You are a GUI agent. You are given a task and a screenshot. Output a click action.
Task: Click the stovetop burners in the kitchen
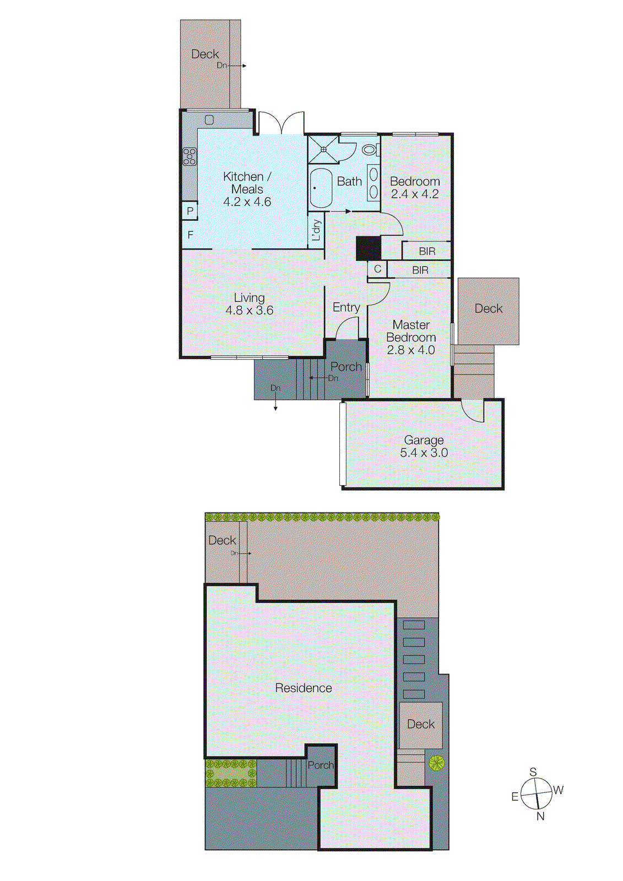189,156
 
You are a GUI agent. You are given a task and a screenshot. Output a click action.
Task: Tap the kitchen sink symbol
209,119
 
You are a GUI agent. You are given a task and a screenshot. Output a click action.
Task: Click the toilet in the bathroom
370,149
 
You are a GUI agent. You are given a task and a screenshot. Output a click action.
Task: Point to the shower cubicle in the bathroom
323,149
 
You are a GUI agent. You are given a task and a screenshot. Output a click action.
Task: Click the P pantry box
190,210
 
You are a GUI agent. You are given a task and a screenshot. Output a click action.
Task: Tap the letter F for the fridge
191,235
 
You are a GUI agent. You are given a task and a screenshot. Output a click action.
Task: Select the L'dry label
316,230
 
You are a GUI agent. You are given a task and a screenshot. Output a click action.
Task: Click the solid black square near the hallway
368,248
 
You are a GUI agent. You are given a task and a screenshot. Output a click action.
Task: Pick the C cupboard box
377,269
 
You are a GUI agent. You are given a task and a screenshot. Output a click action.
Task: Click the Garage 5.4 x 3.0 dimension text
424,453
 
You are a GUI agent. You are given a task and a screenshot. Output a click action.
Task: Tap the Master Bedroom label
411,331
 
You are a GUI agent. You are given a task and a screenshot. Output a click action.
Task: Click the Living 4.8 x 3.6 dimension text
249,311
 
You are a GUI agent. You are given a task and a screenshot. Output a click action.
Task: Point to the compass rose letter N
540,817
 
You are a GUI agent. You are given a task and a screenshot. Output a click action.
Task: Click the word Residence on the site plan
304,688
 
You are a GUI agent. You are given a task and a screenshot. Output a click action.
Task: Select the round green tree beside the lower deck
436,763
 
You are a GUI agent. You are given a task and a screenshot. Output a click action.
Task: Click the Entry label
346,307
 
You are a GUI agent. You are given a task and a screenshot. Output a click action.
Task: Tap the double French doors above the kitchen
281,122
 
